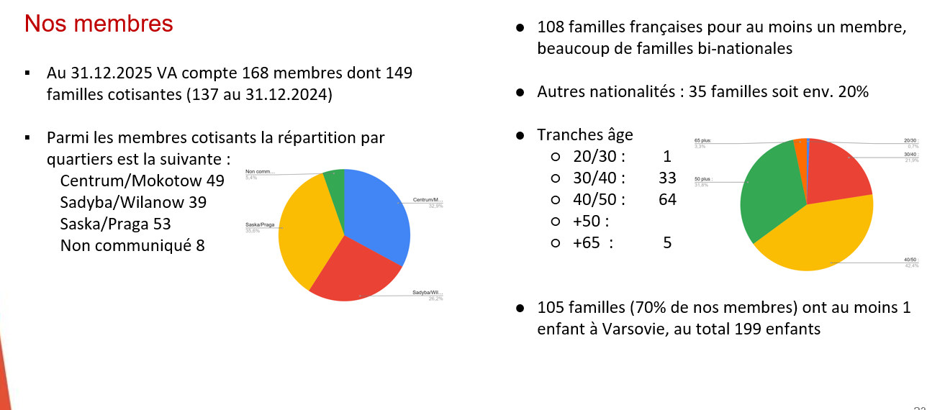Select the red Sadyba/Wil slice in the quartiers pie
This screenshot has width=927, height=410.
353,270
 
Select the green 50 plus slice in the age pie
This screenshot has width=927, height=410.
767,191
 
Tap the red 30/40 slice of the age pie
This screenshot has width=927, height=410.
838,169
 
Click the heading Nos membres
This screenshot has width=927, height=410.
99,24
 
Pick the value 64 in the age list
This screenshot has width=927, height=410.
667,199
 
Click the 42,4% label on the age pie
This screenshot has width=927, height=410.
911,265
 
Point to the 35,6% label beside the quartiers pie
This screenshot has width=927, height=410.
252,231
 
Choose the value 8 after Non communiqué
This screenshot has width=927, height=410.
200,245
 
